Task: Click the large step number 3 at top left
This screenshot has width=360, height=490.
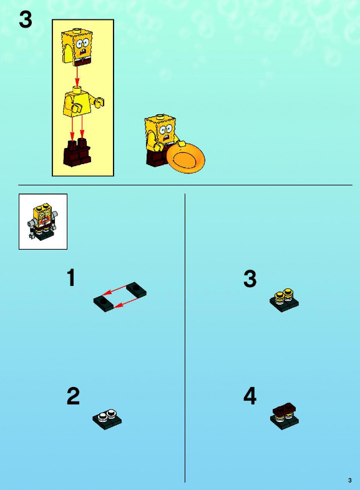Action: [x=26, y=19]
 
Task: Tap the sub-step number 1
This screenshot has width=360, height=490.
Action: [x=72, y=278]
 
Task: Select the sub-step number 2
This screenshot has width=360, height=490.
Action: [x=73, y=396]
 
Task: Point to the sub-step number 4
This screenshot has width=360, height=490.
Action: [x=250, y=396]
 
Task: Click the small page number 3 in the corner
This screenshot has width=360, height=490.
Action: [x=350, y=480]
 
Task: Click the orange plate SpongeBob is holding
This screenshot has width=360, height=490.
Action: [x=186, y=158]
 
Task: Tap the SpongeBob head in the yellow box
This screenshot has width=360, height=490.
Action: [x=77, y=47]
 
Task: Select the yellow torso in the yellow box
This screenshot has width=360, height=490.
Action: [x=82, y=102]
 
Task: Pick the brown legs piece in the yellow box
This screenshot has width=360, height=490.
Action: [x=77, y=152]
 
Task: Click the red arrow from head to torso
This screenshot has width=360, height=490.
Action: [x=77, y=76]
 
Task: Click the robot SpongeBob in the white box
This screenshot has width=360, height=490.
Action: [x=43, y=221]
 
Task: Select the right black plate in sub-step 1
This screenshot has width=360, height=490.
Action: [x=136, y=290]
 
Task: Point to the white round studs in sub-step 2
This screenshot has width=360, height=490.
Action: [x=107, y=415]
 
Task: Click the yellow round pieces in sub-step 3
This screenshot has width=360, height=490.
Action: [x=284, y=296]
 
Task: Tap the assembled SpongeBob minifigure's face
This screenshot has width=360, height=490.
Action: [x=165, y=132]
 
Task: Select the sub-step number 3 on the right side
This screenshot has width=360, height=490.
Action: [x=250, y=278]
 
